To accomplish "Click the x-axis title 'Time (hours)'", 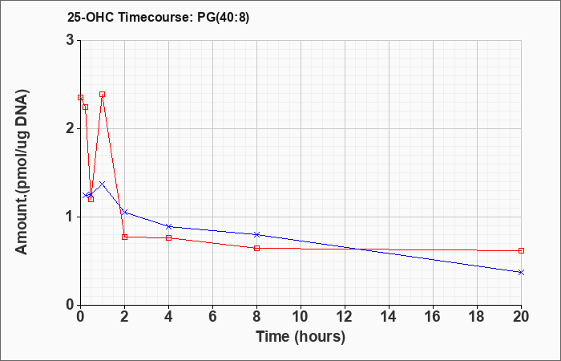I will (301, 336).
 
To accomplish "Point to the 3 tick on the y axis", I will (70, 40).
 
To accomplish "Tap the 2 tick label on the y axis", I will (70, 128).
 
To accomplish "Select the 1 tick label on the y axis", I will (70, 217).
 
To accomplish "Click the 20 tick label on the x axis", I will (521, 316).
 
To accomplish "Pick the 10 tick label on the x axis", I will (301, 316).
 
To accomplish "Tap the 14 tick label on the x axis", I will (389, 316).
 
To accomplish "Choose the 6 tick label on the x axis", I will (212, 316).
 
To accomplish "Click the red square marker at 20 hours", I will (521, 250).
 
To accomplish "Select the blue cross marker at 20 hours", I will (521, 272).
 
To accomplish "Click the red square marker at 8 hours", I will (256, 248).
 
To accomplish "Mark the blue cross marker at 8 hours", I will (256, 234).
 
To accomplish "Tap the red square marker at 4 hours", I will (168, 237).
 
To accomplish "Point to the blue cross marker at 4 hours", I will (168, 226).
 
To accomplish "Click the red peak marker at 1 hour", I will (102, 94).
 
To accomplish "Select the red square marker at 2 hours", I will (124, 237).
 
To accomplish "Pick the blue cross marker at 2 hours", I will (124, 212).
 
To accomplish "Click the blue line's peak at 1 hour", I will (102, 184).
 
